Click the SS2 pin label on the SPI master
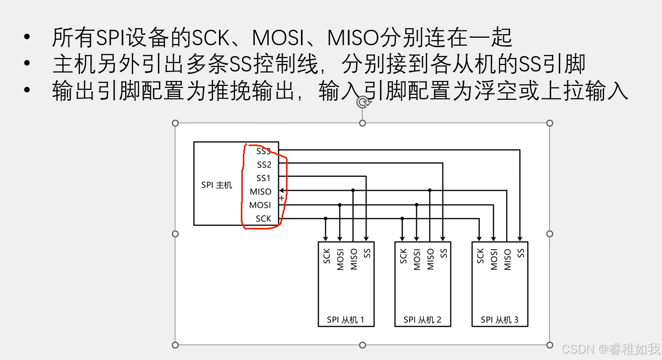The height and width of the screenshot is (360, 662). (264, 165)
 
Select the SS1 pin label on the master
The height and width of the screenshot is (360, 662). (264, 178)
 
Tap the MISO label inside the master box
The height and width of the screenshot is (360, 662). (261, 192)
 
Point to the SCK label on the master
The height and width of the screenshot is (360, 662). (264, 218)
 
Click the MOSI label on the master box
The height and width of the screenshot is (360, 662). (260, 205)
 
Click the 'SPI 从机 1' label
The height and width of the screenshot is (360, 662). (346, 320)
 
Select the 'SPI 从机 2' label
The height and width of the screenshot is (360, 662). (423, 320)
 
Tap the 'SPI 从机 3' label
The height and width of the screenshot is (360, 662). (500, 320)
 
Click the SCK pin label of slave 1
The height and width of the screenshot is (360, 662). (327, 256)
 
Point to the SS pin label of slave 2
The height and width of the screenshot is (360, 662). (444, 253)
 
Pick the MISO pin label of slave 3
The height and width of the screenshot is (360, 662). (508, 259)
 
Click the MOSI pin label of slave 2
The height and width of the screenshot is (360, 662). (417, 259)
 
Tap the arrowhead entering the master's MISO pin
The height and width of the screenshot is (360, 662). (282, 190)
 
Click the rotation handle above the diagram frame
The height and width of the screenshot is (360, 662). (363, 102)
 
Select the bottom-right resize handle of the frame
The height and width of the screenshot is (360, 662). (550, 345)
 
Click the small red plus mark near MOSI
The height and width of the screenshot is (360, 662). (282, 198)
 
